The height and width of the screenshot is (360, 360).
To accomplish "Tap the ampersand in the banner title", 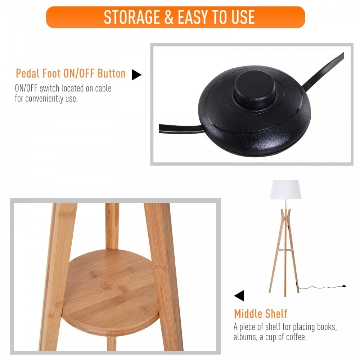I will [169, 17].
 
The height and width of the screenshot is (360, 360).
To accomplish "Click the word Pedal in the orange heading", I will [27, 73].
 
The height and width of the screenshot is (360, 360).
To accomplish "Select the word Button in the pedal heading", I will [112, 73].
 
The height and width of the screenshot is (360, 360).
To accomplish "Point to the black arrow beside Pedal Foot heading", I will [136, 75].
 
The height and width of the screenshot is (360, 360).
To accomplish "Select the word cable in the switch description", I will [101, 88].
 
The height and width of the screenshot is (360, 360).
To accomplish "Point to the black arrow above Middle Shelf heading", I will [239, 296].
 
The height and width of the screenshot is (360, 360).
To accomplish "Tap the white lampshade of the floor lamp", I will [285, 189].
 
